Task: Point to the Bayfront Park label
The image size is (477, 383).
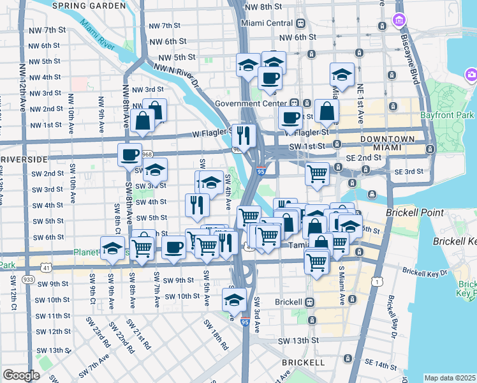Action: (x=447, y=116)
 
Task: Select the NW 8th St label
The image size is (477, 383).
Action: (x=262, y=6)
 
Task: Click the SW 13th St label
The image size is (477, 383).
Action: (x=298, y=340)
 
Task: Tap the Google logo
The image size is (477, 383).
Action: (x=21, y=375)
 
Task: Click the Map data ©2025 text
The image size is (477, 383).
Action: (x=450, y=378)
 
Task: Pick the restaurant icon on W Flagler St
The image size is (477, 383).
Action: (x=244, y=135)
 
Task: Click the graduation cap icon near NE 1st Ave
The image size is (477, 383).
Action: (x=342, y=74)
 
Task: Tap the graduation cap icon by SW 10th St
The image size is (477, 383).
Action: (x=234, y=299)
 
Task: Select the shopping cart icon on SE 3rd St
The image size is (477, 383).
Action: (x=317, y=173)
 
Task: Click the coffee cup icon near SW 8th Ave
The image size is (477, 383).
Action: (x=130, y=154)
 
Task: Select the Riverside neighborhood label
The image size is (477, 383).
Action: (x=24, y=158)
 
